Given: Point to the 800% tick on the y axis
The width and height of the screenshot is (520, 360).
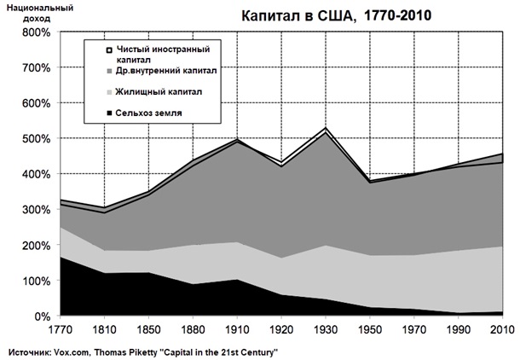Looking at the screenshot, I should tap(33, 32).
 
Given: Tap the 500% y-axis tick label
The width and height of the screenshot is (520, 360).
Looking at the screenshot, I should tap(33, 139).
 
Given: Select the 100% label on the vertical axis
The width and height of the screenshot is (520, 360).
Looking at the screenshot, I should tap(33, 281).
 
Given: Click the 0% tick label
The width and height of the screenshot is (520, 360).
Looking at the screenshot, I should tap(39, 316).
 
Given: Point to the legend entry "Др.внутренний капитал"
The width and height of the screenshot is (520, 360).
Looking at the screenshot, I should tap(167, 71).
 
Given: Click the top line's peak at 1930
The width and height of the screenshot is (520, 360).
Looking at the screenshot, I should tap(325, 128).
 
